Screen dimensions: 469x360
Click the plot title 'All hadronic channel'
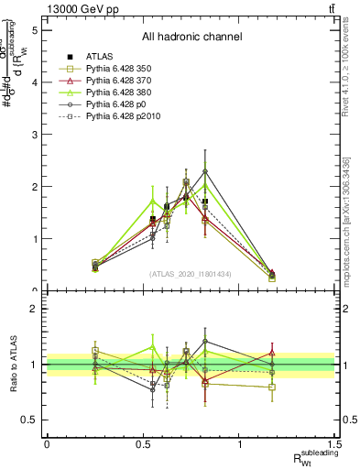click(191, 37)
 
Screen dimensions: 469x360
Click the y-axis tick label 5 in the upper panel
click(34, 30)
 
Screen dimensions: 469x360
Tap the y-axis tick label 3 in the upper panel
click(34, 135)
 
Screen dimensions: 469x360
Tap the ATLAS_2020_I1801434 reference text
click(191, 274)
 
